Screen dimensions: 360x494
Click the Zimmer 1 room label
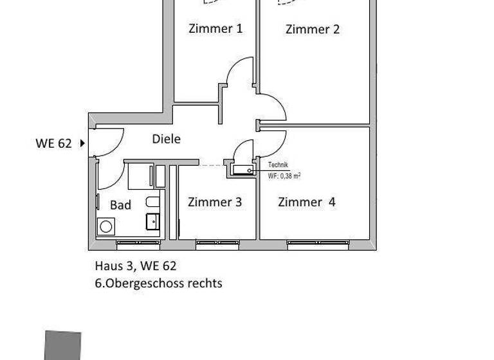point(215,28)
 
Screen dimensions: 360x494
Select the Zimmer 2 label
point(312,29)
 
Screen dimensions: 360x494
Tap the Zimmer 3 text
point(215,202)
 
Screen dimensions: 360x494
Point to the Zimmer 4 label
point(307,202)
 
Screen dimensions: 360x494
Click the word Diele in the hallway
point(166,139)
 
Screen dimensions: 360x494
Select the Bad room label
point(120,205)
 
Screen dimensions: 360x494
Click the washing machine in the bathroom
point(105,226)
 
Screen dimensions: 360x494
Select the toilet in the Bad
point(152,203)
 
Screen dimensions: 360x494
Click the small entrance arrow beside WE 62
point(82,143)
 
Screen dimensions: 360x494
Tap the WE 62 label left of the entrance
point(53,143)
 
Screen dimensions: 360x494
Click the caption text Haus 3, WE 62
point(135,265)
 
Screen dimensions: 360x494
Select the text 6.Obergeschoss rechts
point(158,283)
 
